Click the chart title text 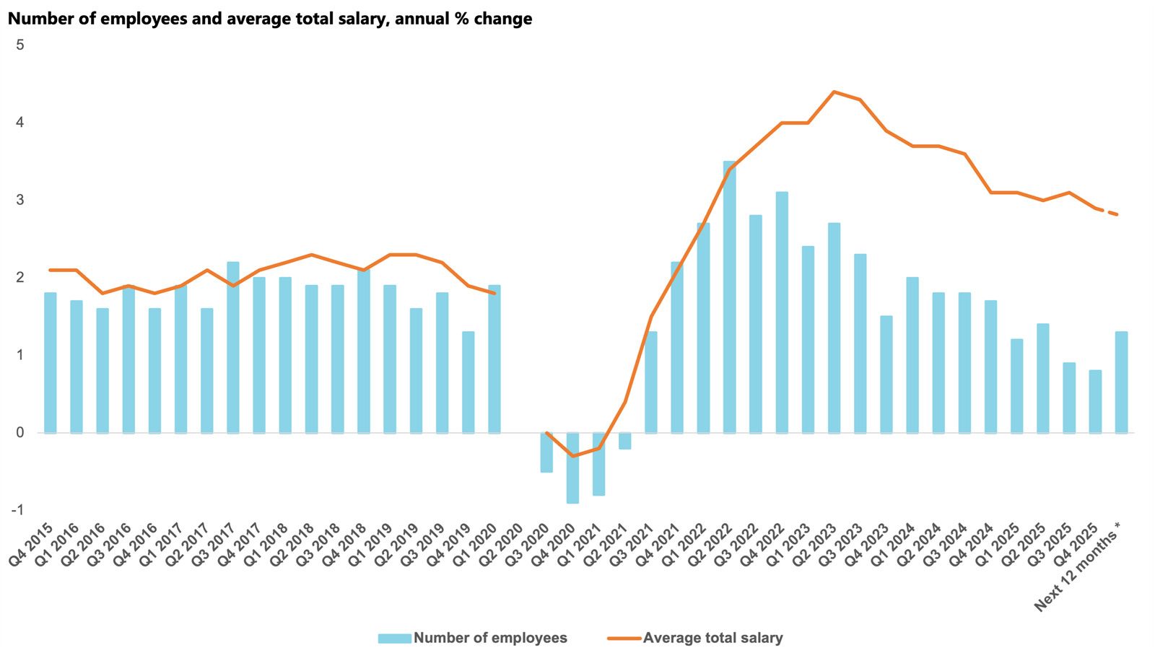(x=270, y=19)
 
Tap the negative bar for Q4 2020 (x=572, y=468)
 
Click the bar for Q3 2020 (x=546, y=452)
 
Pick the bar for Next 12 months (x=1121, y=382)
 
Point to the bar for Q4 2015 (x=51, y=362)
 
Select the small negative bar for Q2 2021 (x=625, y=441)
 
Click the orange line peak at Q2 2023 (x=834, y=92)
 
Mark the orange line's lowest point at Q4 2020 (x=572, y=456)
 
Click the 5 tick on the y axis (x=20, y=45)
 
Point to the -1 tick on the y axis (x=17, y=510)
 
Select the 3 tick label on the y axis (x=20, y=200)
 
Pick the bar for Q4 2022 (x=782, y=312)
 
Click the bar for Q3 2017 (x=233, y=347)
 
